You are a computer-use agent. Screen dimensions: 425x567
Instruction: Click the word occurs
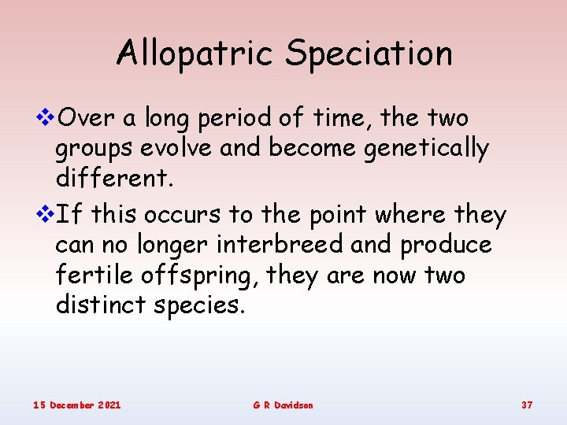pyautogui.click(x=184, y=215)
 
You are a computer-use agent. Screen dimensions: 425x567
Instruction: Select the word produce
pyautogui.click(x=446, y=246)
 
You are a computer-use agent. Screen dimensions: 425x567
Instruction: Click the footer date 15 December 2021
pyautogui.click(x=77, y=405)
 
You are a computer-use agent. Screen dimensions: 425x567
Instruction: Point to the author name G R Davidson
pyautogui.click(x=283, y=405)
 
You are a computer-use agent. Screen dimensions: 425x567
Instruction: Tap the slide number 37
pyautogui.click(x=527, y=405)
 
